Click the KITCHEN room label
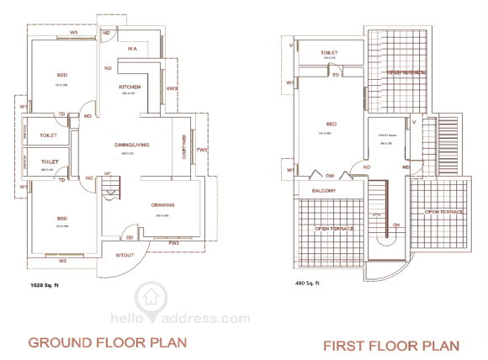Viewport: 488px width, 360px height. click(130, 87)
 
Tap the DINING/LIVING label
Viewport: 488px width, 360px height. click(132, 146)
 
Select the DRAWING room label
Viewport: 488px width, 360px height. click(162, 205)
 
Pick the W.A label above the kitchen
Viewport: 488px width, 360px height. click(133, 50)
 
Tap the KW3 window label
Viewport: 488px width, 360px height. click(172, 88)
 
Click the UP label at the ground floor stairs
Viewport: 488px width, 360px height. click(107, 175)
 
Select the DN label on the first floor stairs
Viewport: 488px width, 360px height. click(396, 225)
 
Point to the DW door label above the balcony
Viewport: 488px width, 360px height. click(331, 176)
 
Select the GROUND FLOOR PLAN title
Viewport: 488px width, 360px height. click(107, 342)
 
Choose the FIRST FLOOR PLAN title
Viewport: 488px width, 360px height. click(391, 346)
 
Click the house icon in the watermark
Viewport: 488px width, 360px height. click(151, 297)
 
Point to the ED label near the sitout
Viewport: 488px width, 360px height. click(129, 236)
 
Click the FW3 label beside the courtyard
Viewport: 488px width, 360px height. click(201, 151)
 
